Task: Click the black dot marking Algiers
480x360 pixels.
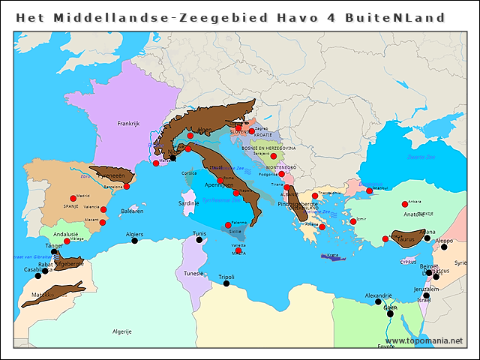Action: coord(135,241)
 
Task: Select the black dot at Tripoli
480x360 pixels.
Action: coord(226,283)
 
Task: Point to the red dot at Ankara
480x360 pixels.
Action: coord(405,204)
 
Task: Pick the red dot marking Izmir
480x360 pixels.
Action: coord(352,221)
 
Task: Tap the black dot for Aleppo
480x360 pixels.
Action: coord(444,247)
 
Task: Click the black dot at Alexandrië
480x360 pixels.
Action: coord(378,302)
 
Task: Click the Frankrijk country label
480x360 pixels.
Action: coord(128,124)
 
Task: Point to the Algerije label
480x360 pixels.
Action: coord(121,331)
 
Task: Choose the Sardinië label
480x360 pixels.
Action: coord(188,203)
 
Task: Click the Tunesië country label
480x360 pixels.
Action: coord(193,274)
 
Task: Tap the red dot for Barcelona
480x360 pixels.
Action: coord(127,186)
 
